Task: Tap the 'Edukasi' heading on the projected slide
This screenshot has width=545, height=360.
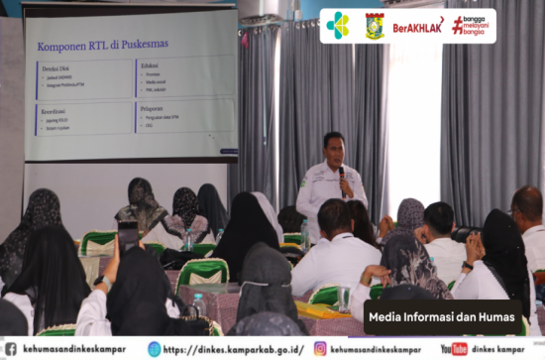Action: (x=151, y=63)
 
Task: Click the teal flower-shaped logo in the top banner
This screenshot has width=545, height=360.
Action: (x=338, y=25)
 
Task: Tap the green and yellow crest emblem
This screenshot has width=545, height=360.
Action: (x=375, y=25)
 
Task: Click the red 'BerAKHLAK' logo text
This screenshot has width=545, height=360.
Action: (x=418, y=26)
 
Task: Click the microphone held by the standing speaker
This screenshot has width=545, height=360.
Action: (x=342, y=174)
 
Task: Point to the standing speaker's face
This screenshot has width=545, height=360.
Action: (x=334, y=150)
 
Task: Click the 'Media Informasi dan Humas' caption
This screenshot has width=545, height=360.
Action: (x=442, y=317)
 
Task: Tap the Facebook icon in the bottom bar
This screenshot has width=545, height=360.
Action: (x=10, y=349)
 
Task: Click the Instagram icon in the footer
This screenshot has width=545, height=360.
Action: (x=320, y=349)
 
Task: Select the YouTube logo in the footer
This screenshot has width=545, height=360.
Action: (x=454, y=349)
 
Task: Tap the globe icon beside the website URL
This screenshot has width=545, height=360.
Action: (x=155, y=349)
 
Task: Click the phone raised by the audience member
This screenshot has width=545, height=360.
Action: (x=129, y=237)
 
